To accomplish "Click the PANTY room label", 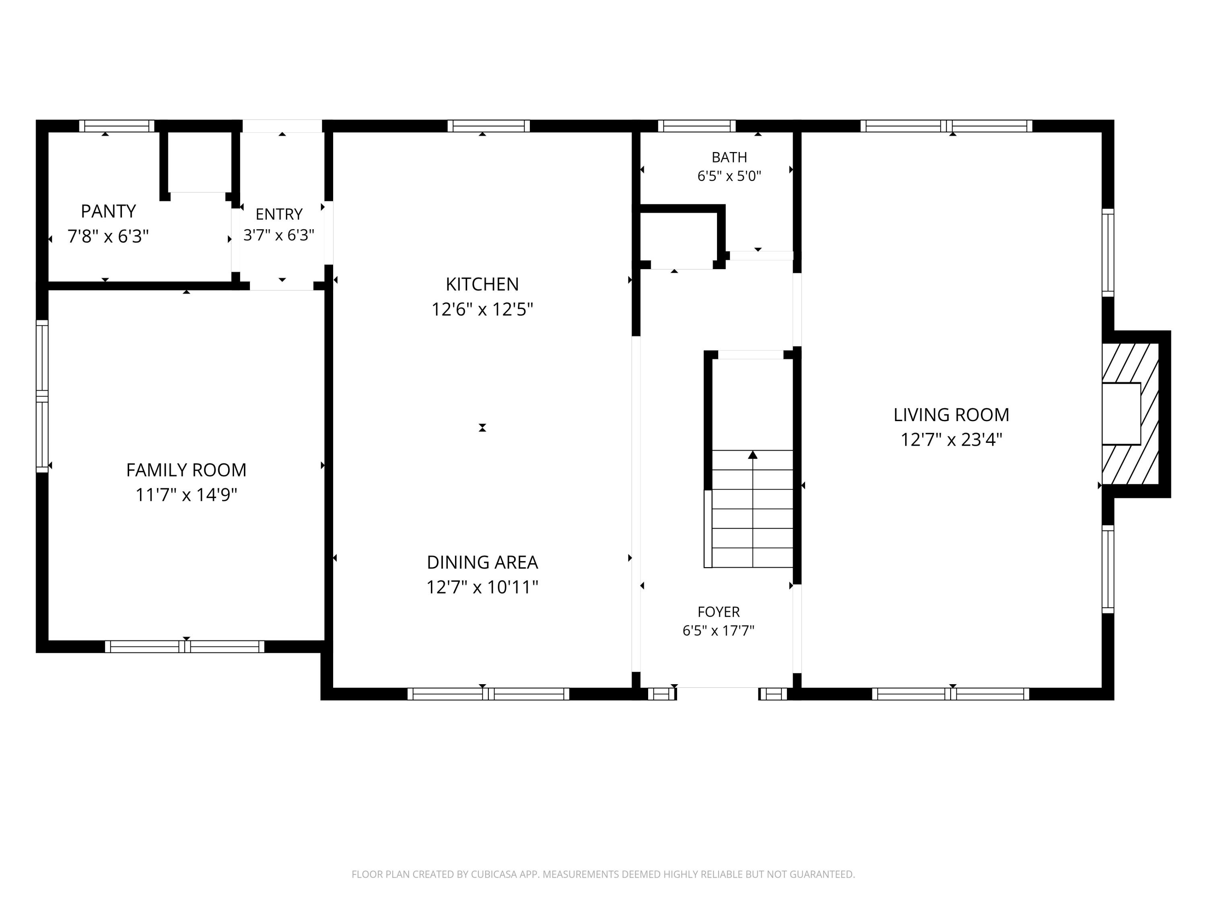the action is coord(108,211).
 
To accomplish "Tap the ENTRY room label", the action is coord(279,214).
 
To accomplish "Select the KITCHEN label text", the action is coord(482,284).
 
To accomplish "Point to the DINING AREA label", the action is coord(482,562).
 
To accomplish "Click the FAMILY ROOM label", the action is coord(186,470).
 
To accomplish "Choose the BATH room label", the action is coord(729,158).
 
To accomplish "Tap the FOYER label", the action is coord(718,612).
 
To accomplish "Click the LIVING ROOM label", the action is coord(951,415).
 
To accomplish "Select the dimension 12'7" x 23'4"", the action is coord(951,440).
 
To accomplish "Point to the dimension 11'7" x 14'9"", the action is coord(186,495).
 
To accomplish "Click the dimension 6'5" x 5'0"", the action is coord(729,176).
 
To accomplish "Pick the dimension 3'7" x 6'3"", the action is coord(279,235).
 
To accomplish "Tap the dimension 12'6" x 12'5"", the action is coord(482,309).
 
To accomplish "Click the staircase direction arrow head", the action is coord(753,455).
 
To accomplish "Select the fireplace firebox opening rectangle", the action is coord(1121,413).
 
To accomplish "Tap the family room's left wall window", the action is coord(42,396).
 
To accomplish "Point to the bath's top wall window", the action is coord(697,126).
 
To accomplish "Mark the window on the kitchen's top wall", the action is coord(489,126).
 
